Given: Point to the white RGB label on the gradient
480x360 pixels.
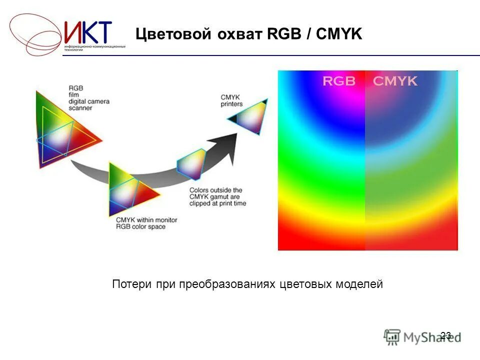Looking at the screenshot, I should [x=338, y=81].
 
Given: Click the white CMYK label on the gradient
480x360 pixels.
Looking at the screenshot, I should [x=395, y=81].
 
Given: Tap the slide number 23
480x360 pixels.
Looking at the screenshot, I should [x=446, y=335].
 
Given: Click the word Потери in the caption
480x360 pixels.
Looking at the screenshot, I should [x=128, y=284].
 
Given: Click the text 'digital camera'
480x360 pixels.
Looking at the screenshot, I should [x=89, y=101].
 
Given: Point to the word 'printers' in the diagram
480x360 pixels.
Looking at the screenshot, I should [x=231, y=104].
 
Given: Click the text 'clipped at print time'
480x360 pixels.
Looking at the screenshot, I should [x=217, y=203].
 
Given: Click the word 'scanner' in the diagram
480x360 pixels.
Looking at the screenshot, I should [x=80, y=108].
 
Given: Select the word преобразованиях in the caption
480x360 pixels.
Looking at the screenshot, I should [x=227, y=284].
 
